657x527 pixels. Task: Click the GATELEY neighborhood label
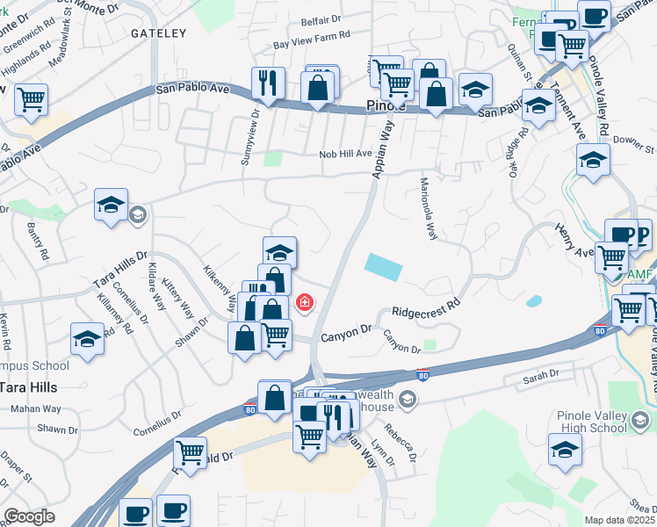[x=159, y=33]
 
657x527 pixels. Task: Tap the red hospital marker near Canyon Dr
[x=304, y=303]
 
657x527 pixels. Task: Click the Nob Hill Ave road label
[x=345, y=154]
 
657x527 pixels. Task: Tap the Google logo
[x=29, y=516]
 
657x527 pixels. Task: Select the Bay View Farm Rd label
[x=312, y=42]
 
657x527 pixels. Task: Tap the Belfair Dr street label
[x=321, y=19]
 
